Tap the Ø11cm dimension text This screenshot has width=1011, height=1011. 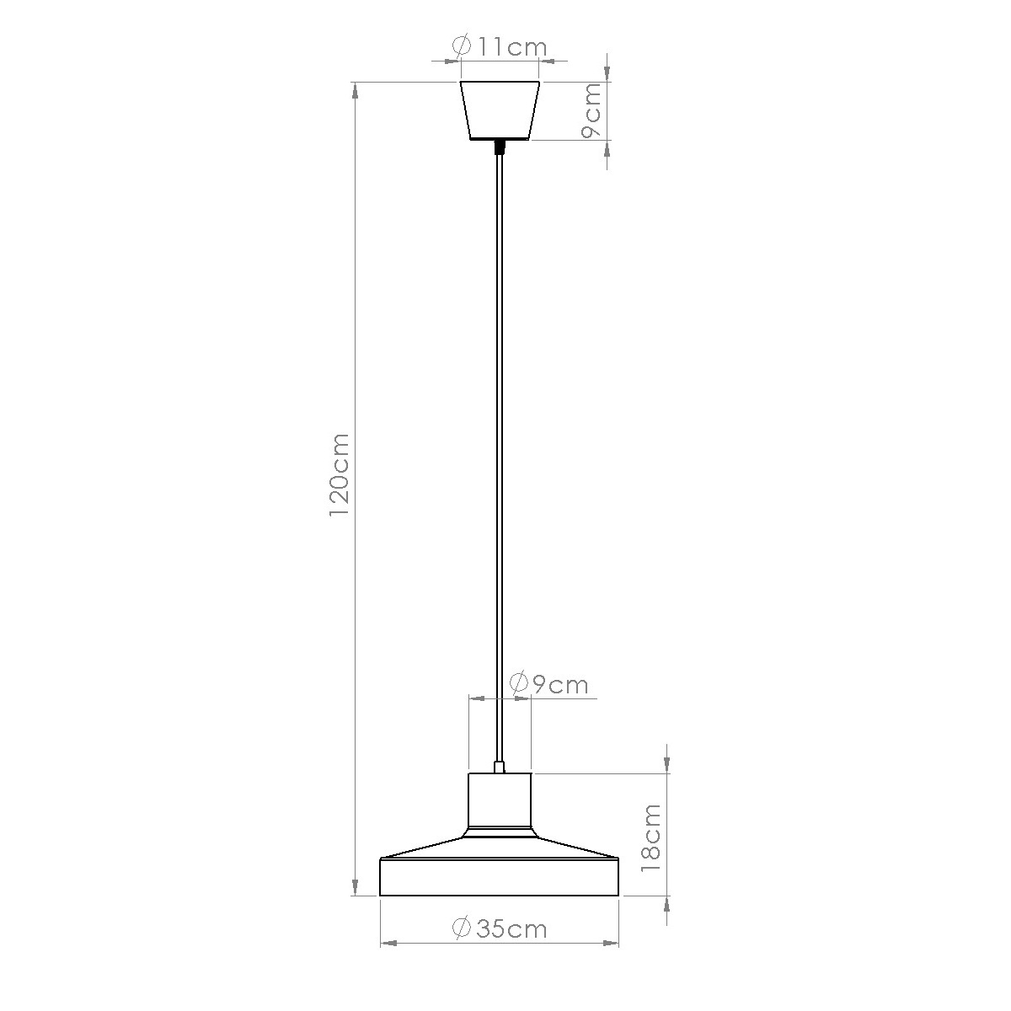[x=500, y=46]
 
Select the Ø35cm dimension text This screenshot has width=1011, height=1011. [x=500, y=928]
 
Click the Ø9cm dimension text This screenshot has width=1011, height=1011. [x=549, y=683]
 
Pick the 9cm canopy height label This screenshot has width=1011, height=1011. [x=593, y=110]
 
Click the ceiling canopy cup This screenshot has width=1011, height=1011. [x=500, y=110]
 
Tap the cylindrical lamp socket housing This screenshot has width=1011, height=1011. [x=500, y=800]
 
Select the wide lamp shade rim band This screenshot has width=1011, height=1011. [x=500, y=878]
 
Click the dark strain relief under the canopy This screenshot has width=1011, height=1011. [x=500, y=147]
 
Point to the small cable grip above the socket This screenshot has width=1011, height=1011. [x=500, y=767]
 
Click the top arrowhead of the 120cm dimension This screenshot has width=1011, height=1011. [x=355, y=90]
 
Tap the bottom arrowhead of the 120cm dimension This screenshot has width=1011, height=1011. [x=355, y=886]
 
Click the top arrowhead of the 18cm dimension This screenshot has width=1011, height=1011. [x=667, y=763]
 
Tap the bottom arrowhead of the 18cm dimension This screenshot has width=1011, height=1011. [x=667, y=905]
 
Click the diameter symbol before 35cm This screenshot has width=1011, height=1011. [x=461, y=928]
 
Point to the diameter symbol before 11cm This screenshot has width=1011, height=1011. [x=461, y=46]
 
